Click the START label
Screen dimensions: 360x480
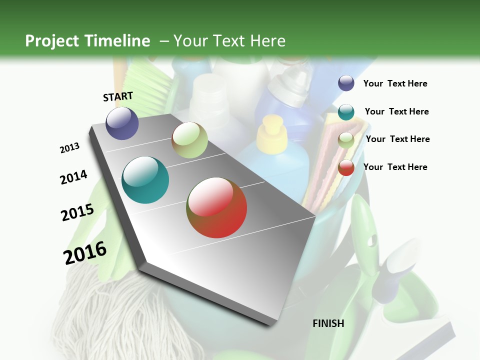(118, 96)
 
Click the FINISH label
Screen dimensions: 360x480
(328, 323)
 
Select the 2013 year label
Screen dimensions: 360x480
(70, 148)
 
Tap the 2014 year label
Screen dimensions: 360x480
(73, 177)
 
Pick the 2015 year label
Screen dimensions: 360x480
(77, 212)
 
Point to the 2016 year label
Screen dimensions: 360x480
(85, 253)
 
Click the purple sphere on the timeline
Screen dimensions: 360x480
(122, 123)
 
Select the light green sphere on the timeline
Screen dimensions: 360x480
(189, 140)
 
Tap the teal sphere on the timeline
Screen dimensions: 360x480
(145, 180)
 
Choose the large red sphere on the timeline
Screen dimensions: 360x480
(216, 207)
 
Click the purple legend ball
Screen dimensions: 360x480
(346, 83)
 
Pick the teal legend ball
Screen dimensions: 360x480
(346, 112)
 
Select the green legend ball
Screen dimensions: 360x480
(346, 140)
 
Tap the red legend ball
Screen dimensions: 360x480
(346, 168)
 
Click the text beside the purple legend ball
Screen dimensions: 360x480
(395, 83)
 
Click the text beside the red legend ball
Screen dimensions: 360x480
(395, 167)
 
